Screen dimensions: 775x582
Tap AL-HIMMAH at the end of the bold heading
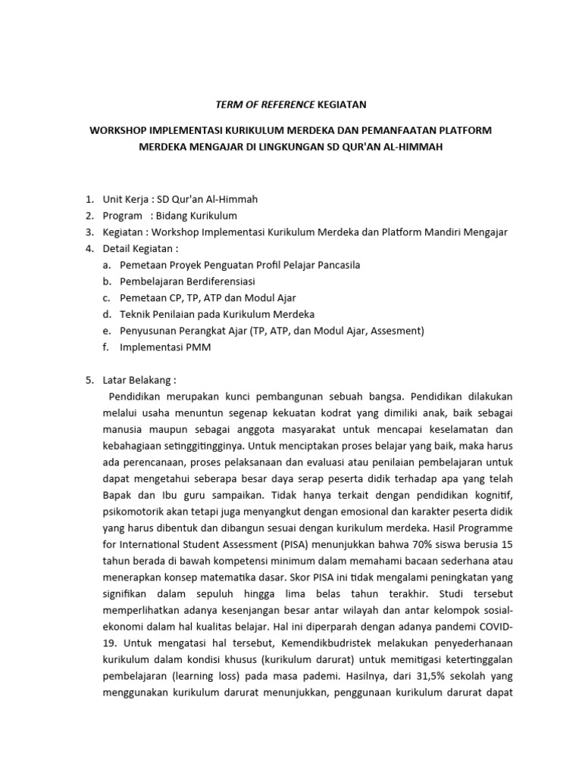click(x=414, y=147)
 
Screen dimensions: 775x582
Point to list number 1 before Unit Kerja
click(x=89, y=199)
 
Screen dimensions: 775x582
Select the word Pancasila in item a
click(x=334, y=265)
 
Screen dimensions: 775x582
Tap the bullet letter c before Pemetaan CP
click(x=107, y=297)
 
